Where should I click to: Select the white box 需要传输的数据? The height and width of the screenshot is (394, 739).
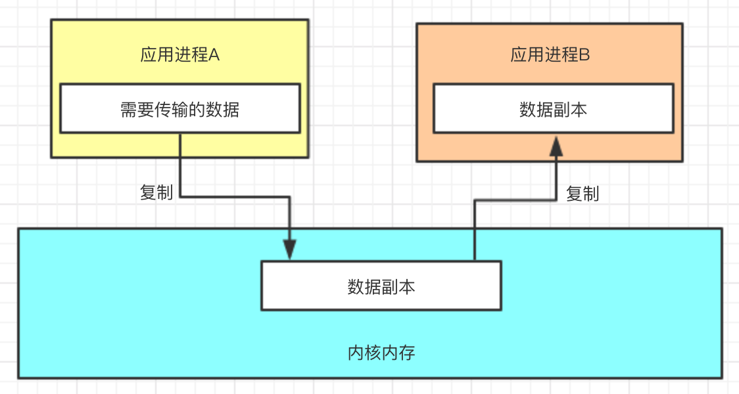[x=179, y=108]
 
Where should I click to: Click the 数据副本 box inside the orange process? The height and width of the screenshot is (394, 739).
[x=552, y=108]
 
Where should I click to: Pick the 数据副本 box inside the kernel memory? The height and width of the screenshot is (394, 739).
[x=381, y=286]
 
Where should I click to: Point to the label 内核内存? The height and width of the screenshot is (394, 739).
[x=381, y=353]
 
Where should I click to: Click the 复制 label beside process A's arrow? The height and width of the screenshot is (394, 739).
[x=156, y=192]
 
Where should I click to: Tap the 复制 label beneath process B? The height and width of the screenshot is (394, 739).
[x=583, y=194]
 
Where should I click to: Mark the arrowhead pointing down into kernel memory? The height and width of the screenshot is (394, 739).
[x=289, y=249]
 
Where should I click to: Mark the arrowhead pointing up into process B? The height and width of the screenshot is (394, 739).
[x=556, y=146]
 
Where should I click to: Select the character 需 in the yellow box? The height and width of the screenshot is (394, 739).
[x=128, y=109]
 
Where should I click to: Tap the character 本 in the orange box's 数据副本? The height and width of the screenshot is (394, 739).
[x=579, y=109]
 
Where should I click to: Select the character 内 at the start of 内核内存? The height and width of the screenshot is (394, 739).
[x=356, y=353]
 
